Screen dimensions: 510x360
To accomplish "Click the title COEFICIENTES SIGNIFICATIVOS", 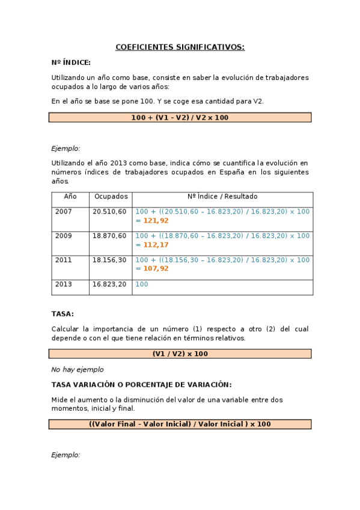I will point(180,47).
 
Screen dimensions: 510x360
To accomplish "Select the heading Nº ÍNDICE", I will point(71,62).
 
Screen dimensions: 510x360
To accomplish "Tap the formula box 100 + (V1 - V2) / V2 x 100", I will point(180,118).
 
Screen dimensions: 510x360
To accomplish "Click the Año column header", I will point(70,197).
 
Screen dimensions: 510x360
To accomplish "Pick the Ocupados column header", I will point(111,197).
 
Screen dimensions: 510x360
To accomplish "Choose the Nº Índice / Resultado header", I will point(222,197).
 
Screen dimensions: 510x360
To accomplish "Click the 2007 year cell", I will point(63,212).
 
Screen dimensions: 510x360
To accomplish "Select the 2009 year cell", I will point(63,236).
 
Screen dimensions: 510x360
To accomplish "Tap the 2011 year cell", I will point(63,260).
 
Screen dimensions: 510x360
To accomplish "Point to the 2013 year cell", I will point(63,284).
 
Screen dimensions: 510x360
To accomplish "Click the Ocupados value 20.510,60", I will point(109,212).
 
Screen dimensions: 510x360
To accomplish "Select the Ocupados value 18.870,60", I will point(109,236).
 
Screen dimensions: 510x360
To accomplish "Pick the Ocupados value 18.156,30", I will point(109,260).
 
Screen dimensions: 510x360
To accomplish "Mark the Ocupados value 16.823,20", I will point(109,284).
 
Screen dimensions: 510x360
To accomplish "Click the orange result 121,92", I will point(156,221).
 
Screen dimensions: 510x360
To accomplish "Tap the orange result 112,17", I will point(156,245).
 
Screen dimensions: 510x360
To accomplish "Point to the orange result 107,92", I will point(156,269).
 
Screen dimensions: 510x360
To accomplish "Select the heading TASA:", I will point(63,314).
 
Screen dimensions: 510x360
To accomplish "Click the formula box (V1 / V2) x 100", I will point(180,354).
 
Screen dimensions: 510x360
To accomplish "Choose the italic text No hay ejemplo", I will point(77,369).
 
